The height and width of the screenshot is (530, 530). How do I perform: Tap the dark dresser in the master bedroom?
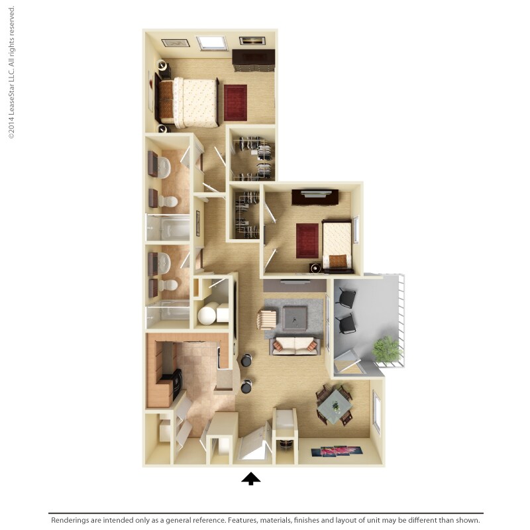[x=253, y=61]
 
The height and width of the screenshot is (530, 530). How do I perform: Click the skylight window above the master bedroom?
[x=211, y=42]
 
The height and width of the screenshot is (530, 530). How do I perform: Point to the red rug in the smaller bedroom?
[x=307, y=240]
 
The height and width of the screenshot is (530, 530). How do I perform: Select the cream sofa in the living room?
[x=295, y=344]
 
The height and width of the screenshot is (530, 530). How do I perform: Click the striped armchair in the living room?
[x=266, y=319]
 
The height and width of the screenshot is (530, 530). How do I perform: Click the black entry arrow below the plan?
[x=250, y=478]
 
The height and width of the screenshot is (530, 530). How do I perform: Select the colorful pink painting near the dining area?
[x=337, y=451]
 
